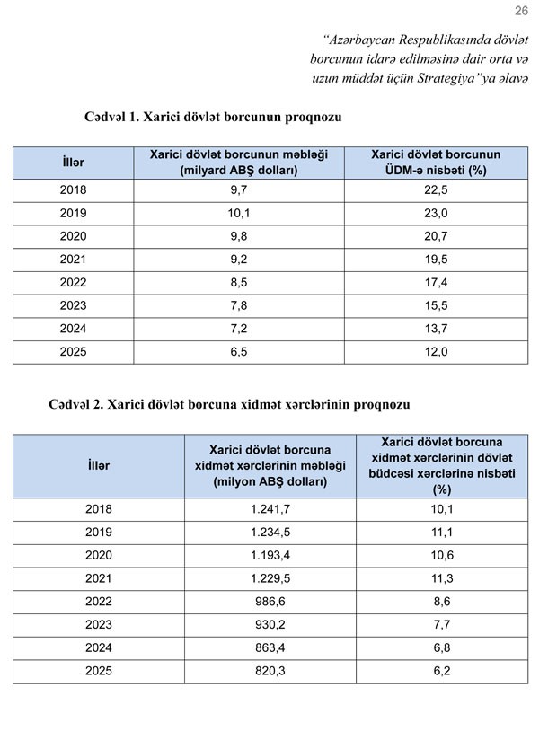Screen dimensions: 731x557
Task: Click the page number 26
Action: [x=522, y=11]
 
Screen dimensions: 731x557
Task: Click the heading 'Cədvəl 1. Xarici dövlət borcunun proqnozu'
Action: [x=213, y=117]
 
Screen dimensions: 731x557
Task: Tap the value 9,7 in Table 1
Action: [x=238, y=190]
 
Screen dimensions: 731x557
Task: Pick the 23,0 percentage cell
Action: [x=436, y=214]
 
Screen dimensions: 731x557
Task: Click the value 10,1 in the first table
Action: [x=238, y=214]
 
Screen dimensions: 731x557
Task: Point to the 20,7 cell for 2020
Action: [x=436, y=237]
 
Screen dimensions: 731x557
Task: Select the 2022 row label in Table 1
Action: [x=73, y=283]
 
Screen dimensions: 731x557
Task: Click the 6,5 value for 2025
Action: [x=238, y=352]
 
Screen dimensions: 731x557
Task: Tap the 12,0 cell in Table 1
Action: [x=436, y=352]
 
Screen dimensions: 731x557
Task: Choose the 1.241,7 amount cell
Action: [x=270, y=509]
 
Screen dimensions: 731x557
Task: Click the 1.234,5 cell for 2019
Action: [x=270, y=533]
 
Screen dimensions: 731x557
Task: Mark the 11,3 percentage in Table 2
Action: [x=442, y=579]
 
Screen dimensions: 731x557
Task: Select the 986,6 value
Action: [x=270, y=603]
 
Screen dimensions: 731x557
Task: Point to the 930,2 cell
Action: [x=270, y=626]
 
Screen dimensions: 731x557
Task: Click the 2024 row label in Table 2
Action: [x=99, y=648]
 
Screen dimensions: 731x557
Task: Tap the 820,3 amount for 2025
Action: [x=270, y=672]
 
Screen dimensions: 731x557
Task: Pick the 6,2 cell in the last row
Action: [x=442, y=672]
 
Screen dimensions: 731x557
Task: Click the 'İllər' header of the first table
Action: [x=73, y=163]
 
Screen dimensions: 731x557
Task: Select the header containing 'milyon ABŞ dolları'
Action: [x=270, y=465]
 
